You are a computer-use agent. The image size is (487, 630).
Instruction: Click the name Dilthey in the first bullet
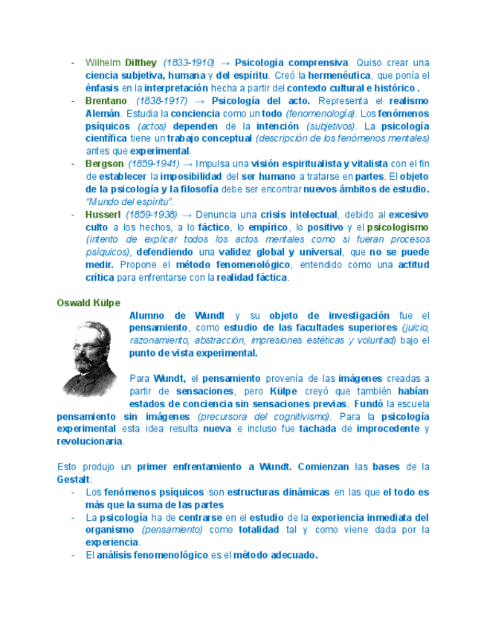point(141,62)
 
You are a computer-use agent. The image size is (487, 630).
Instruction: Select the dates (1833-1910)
point(189,62)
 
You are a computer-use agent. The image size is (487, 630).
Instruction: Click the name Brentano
point(107,101)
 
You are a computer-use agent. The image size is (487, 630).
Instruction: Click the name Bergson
point(104,164)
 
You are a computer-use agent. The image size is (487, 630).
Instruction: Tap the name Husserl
point(103,215)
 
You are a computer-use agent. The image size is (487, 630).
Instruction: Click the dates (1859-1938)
point(152,215)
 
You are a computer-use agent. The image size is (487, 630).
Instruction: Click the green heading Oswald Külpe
point(88,303)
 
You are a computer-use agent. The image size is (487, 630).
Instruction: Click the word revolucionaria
point(90,441)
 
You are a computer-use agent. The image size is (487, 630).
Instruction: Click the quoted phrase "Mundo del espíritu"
point(131,202)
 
